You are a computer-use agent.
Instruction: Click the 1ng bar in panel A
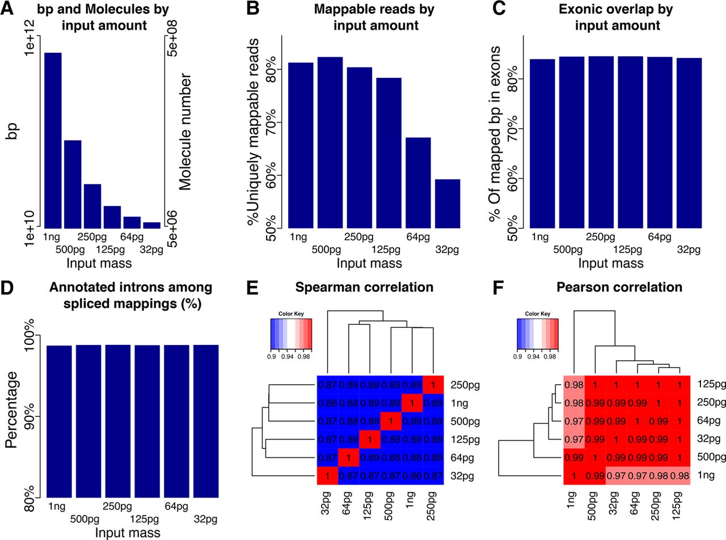(53, 140)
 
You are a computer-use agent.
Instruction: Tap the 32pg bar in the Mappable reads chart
(448, 204)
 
